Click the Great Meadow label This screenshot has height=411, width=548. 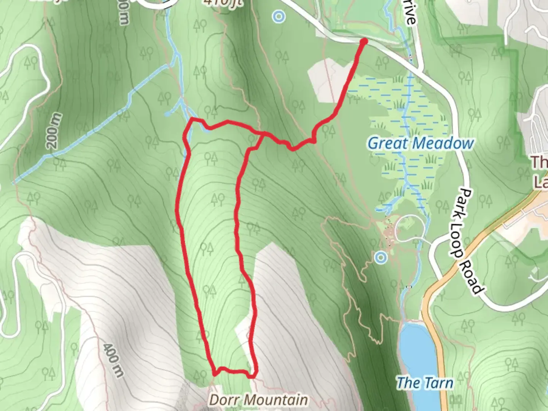point(421,143)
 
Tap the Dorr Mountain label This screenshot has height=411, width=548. point(258,400)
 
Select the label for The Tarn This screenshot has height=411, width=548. point(425,383)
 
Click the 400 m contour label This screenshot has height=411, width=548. point(113,360)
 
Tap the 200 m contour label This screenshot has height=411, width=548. point(54,131)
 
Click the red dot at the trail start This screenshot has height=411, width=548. point(364,41)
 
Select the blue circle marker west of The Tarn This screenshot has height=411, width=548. point(381,258)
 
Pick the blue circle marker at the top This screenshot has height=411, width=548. point(279,16)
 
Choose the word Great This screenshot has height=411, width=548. point(387,143)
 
